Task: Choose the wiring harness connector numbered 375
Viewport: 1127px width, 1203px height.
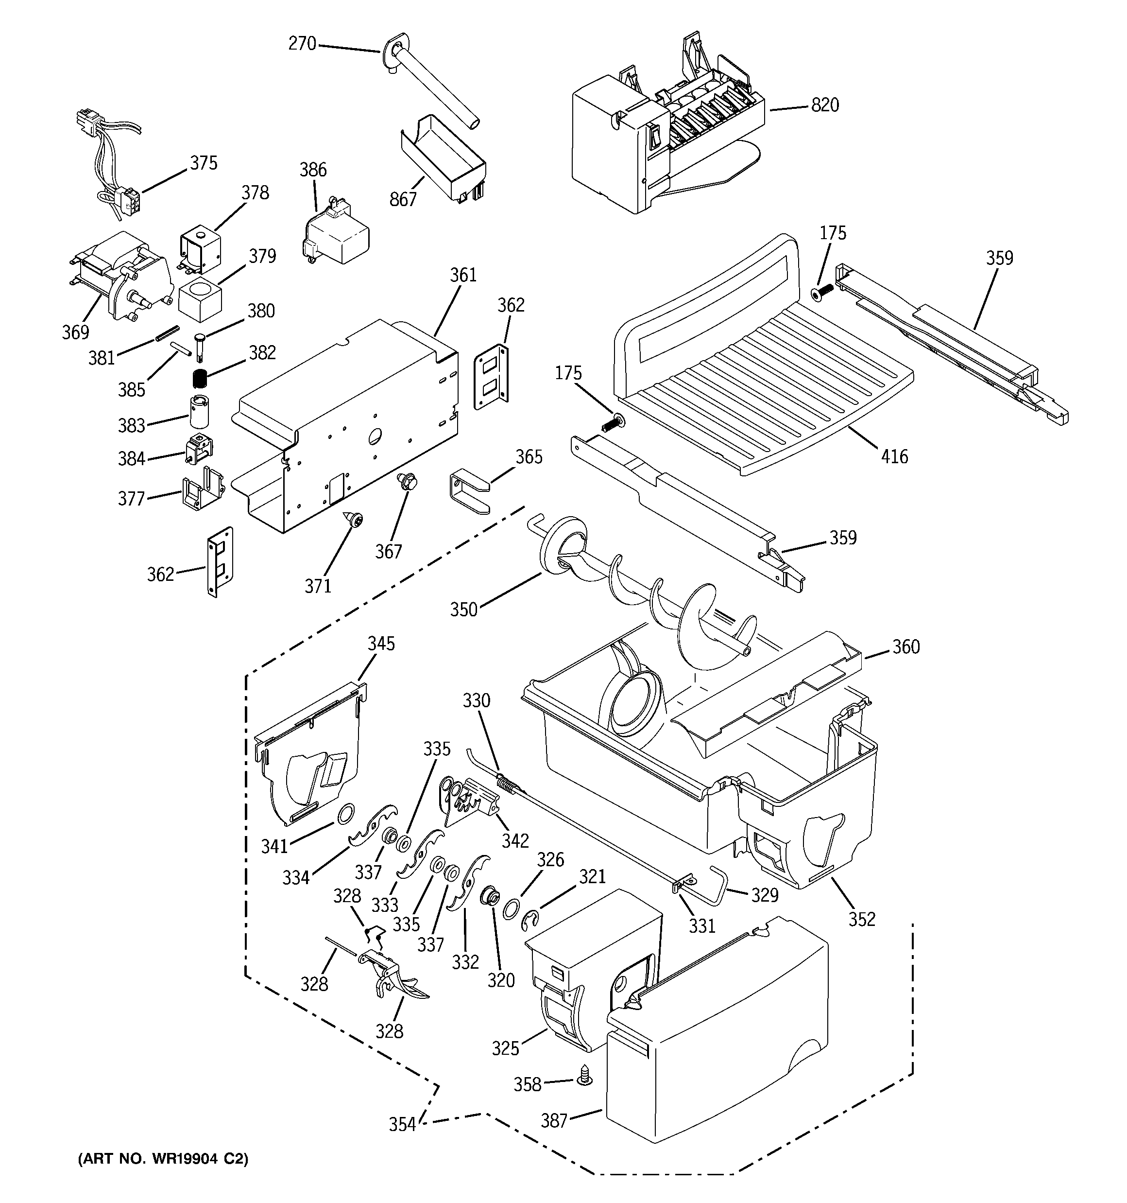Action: click(128, 200)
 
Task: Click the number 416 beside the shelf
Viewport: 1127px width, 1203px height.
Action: click(894, 456)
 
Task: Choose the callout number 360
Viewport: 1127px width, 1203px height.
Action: click(905, 647)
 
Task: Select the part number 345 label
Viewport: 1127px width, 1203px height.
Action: click(381, 643)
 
